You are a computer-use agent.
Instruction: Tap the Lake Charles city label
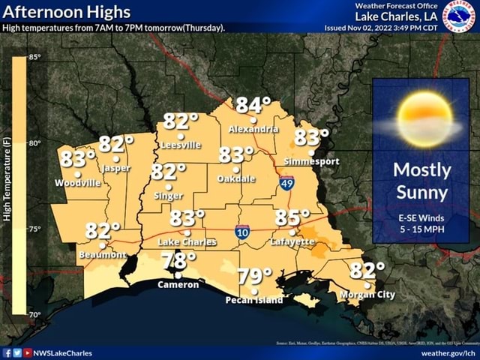click(x=187, y=242)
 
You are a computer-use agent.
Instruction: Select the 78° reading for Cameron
click(x=178, y=262)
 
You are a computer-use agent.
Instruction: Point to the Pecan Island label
click(x=254, y=300)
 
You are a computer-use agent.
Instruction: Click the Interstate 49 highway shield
click(x=286, y=182)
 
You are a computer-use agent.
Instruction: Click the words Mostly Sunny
click(x=421, y=181)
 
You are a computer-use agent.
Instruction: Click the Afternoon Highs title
click(x=67, y=12)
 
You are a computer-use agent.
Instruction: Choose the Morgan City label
click(x=367, y=295)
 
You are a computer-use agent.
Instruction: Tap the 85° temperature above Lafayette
click(x=292, y=218)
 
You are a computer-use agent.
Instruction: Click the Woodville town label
click(x=77, y=182)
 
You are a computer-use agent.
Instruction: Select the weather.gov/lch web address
click(x=448, y=352)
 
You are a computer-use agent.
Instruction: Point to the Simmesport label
click(x=312, y=161)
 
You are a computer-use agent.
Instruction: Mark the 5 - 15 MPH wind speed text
click(x=421, y=229)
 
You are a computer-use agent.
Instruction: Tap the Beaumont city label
click(x=103, y=254)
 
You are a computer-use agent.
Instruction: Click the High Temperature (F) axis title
click(x=7, y=180)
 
